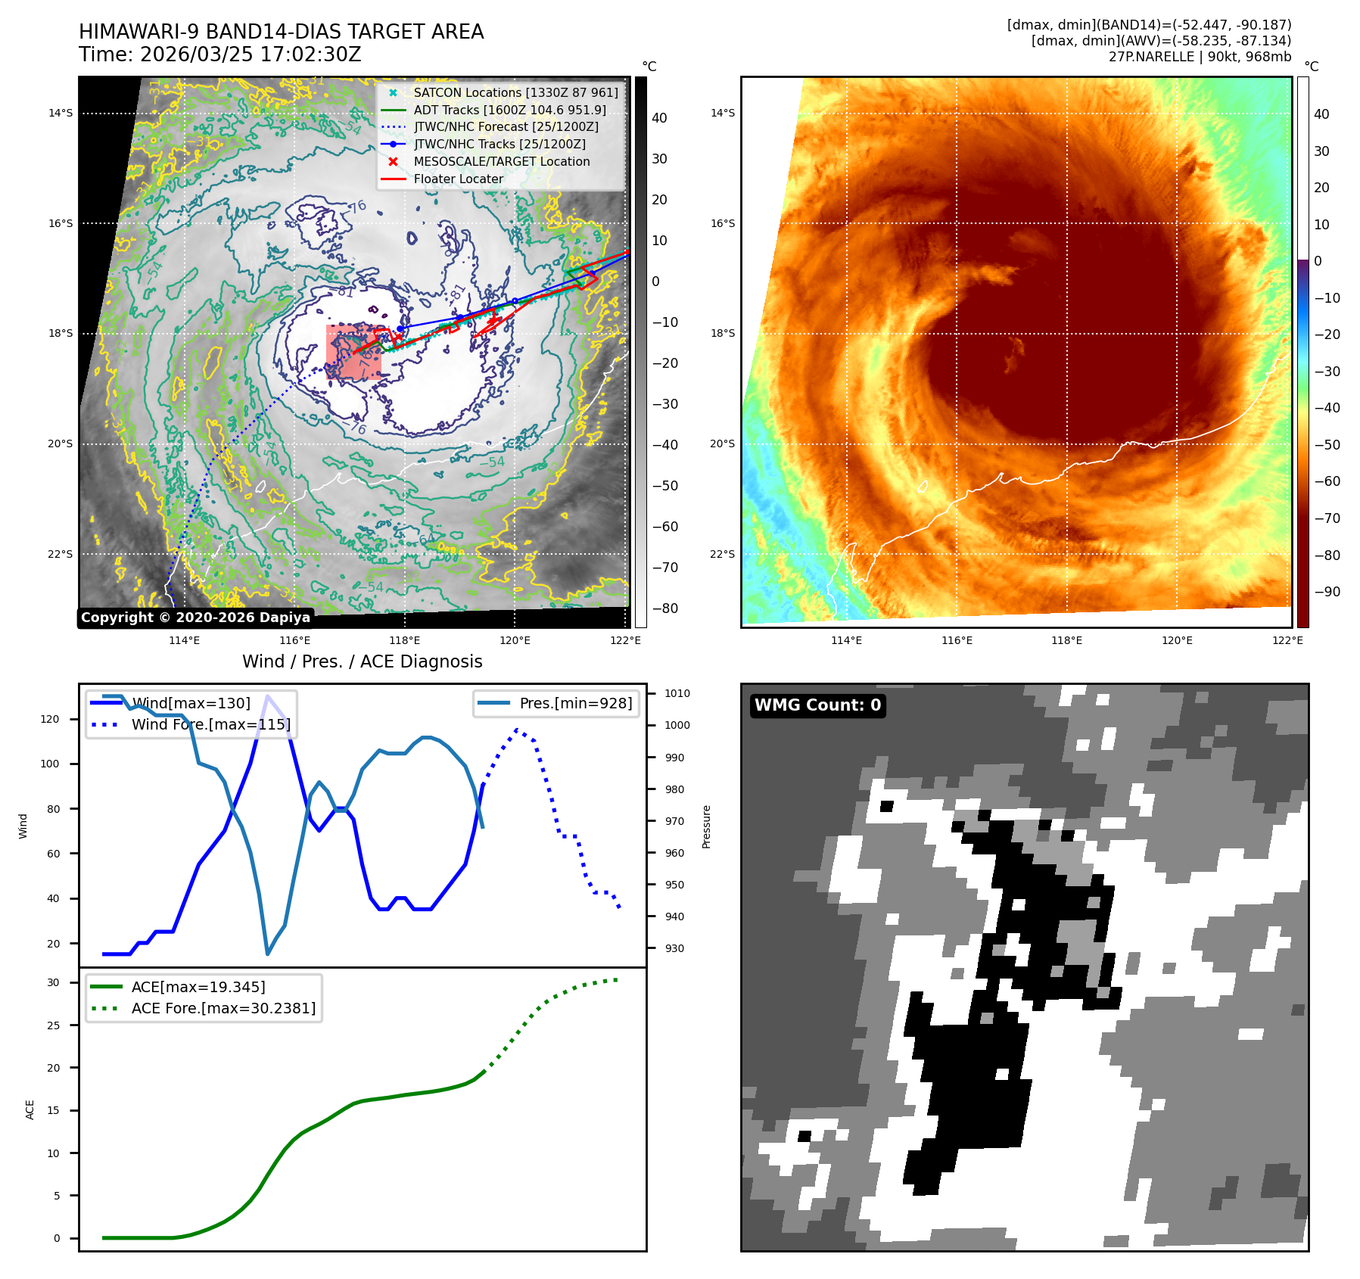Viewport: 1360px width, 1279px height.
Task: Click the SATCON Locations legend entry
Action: coord(515,92)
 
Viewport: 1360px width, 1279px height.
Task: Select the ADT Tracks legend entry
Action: coord(509,110)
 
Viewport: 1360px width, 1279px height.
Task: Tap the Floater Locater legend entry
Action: coord(458,179)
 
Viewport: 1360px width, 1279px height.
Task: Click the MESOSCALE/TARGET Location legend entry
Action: coord(501,161)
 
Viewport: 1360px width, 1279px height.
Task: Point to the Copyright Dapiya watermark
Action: coord(195,618)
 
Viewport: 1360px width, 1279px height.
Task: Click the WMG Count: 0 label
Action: coord(817,705)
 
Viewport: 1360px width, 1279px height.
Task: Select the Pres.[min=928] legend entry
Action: coord(575,703)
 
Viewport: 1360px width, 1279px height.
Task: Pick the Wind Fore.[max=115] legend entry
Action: coord(210,724)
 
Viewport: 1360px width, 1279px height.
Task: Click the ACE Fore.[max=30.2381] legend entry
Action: coord(223,1008)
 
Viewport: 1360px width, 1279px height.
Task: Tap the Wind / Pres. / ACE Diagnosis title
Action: coord(362,661)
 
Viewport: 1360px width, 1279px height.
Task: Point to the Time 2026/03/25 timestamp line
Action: coord(219,54)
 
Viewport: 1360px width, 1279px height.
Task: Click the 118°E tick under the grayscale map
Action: coord(404,640)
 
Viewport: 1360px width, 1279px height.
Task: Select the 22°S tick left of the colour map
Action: coord(722,554)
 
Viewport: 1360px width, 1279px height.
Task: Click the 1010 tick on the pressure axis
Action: coord(677,693)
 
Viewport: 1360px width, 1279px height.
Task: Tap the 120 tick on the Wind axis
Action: coord(50,719)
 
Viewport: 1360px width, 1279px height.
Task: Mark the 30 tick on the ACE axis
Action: coord(53,982)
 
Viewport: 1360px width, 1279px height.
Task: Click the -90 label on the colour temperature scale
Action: coord(1327,592)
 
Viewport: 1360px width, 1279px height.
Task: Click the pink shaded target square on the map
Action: coord(353,352)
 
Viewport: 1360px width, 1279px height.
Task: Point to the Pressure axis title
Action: coord(706,826)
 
